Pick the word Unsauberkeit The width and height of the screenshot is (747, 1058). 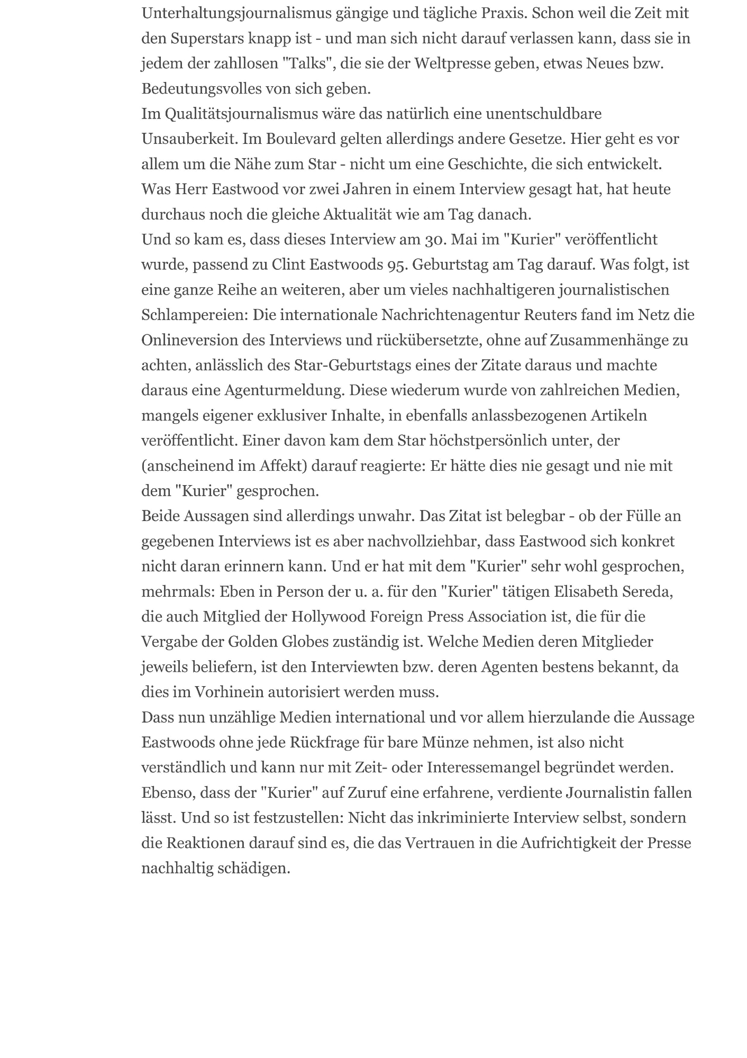pos(189,139)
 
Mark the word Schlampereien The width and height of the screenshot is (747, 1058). pos(194,315)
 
